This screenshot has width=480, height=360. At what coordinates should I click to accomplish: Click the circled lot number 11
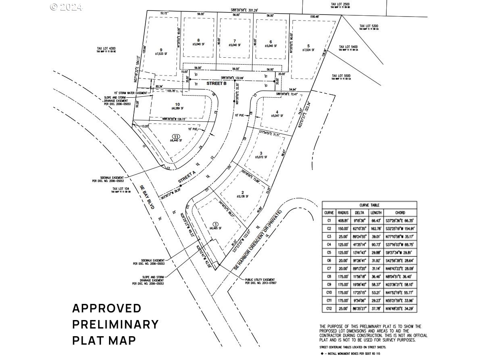175,136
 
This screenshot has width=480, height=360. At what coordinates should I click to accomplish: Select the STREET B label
216,84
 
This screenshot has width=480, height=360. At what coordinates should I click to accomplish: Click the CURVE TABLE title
369,205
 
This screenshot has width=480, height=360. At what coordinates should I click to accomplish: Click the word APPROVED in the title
107,308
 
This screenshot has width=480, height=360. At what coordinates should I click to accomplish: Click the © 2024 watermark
66,7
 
